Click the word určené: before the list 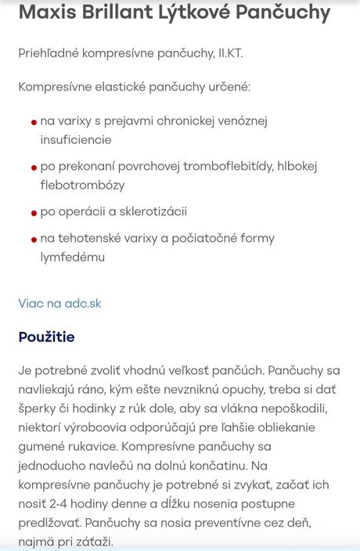pos(221,87)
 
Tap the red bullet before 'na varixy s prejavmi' pos(34,122)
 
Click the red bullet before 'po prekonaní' pos(34,167)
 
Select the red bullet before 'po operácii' pos(34,213)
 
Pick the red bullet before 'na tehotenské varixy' pos(34,239)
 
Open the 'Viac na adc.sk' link pos(59,303)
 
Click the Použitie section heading pos(46,337)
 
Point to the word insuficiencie pos(76,139)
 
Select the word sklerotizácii pos(149,211)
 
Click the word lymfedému pos(73,257)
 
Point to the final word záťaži pos(95,542)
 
